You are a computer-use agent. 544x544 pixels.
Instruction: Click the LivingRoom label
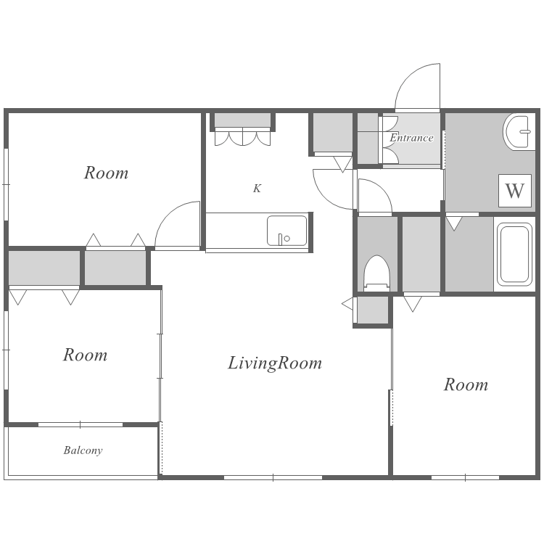click(x=275, y=364)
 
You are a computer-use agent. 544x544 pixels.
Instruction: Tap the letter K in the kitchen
click(x=257, y=189)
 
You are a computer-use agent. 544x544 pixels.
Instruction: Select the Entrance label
click(x=411, y=138)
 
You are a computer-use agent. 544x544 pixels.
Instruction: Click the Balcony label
click(x=83, y=450)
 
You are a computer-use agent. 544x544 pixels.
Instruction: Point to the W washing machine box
click(x=515, y=191)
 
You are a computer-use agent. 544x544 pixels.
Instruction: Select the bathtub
click(x=515, y=255)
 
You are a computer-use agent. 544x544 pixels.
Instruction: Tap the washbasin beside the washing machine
click(x=518, y=132)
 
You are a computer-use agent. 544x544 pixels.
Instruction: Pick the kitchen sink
click(x=287, y=231)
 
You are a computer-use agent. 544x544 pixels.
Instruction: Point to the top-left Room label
click(x=106, y=173)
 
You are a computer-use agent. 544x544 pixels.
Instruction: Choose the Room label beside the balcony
click(x=85, y=355)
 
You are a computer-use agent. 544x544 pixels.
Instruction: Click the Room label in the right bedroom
click(x=466, y=384)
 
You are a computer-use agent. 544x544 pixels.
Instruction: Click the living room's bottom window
click(x=273, y=478)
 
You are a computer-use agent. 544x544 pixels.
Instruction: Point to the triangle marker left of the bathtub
click(x=454, y=224)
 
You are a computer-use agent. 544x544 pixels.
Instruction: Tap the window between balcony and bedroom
click(x=80, y=424)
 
